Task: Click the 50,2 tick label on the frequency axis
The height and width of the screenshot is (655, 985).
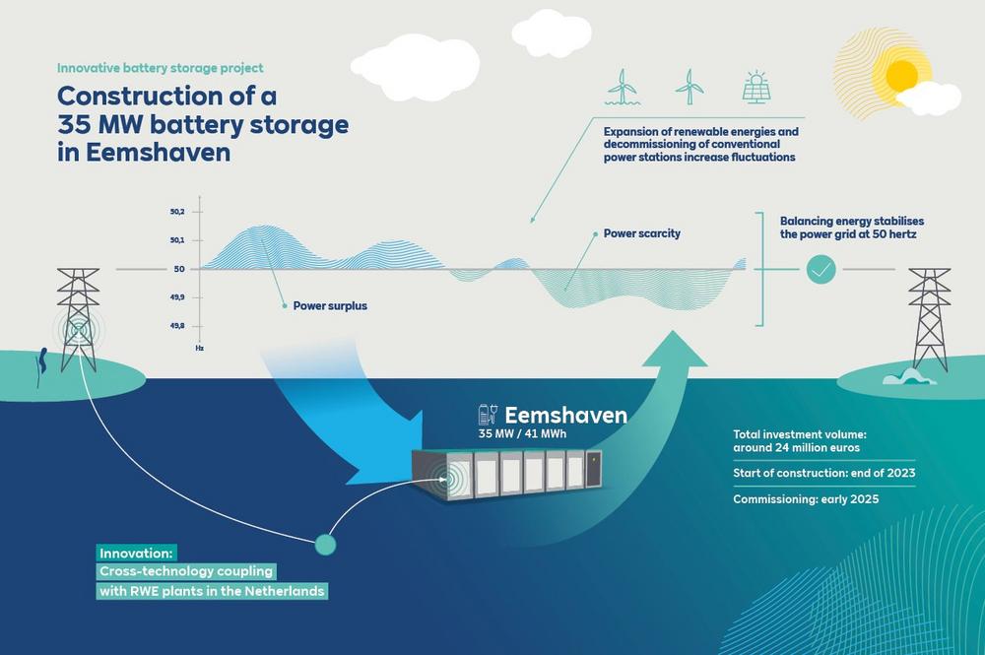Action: click(x=177, y=212)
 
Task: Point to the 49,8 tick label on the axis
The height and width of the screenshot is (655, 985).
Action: click(x=177, y=326)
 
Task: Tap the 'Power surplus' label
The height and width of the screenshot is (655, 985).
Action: click(x=330, y=306)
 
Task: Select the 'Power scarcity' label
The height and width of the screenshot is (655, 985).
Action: click(x=641, y=233)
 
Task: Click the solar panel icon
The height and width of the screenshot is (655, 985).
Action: click(x=756, y=87)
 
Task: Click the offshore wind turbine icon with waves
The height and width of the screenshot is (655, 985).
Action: click(x=623, y=87)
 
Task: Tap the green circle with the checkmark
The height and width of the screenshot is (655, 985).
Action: click(x=821, y=269)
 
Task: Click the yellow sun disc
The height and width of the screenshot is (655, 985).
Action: click(x=902, y=76)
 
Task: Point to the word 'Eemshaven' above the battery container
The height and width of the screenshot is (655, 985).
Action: click(x=565, y=415)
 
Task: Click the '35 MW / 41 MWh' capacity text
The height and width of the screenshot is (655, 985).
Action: click(x=522, y=434)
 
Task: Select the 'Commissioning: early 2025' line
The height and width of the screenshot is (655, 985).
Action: click(x=806, y=499)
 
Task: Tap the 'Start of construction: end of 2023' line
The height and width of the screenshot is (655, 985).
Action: click(x=824, y=473)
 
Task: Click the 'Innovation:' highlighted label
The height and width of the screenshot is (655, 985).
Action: click(x=136, y=554)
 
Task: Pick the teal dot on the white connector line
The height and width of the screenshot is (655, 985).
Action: click(x=325, y=544)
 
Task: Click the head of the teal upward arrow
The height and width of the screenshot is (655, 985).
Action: click(x=675, y=349)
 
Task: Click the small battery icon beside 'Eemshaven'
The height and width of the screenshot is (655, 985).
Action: click(x=489, y=415)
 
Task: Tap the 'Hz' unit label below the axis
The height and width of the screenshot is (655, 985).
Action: click(x=199, y=348)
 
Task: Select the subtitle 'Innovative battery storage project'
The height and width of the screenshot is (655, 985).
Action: click(x=161, y=68)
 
